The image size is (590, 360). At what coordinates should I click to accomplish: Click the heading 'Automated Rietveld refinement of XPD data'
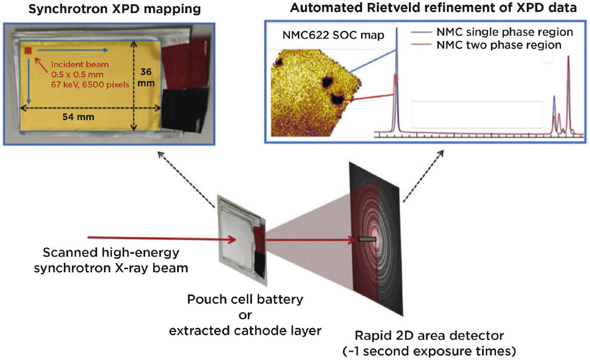[x=427, y=9]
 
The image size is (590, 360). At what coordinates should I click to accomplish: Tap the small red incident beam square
[x=27, y=51]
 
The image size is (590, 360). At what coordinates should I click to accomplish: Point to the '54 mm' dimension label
[x=80, y=116]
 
